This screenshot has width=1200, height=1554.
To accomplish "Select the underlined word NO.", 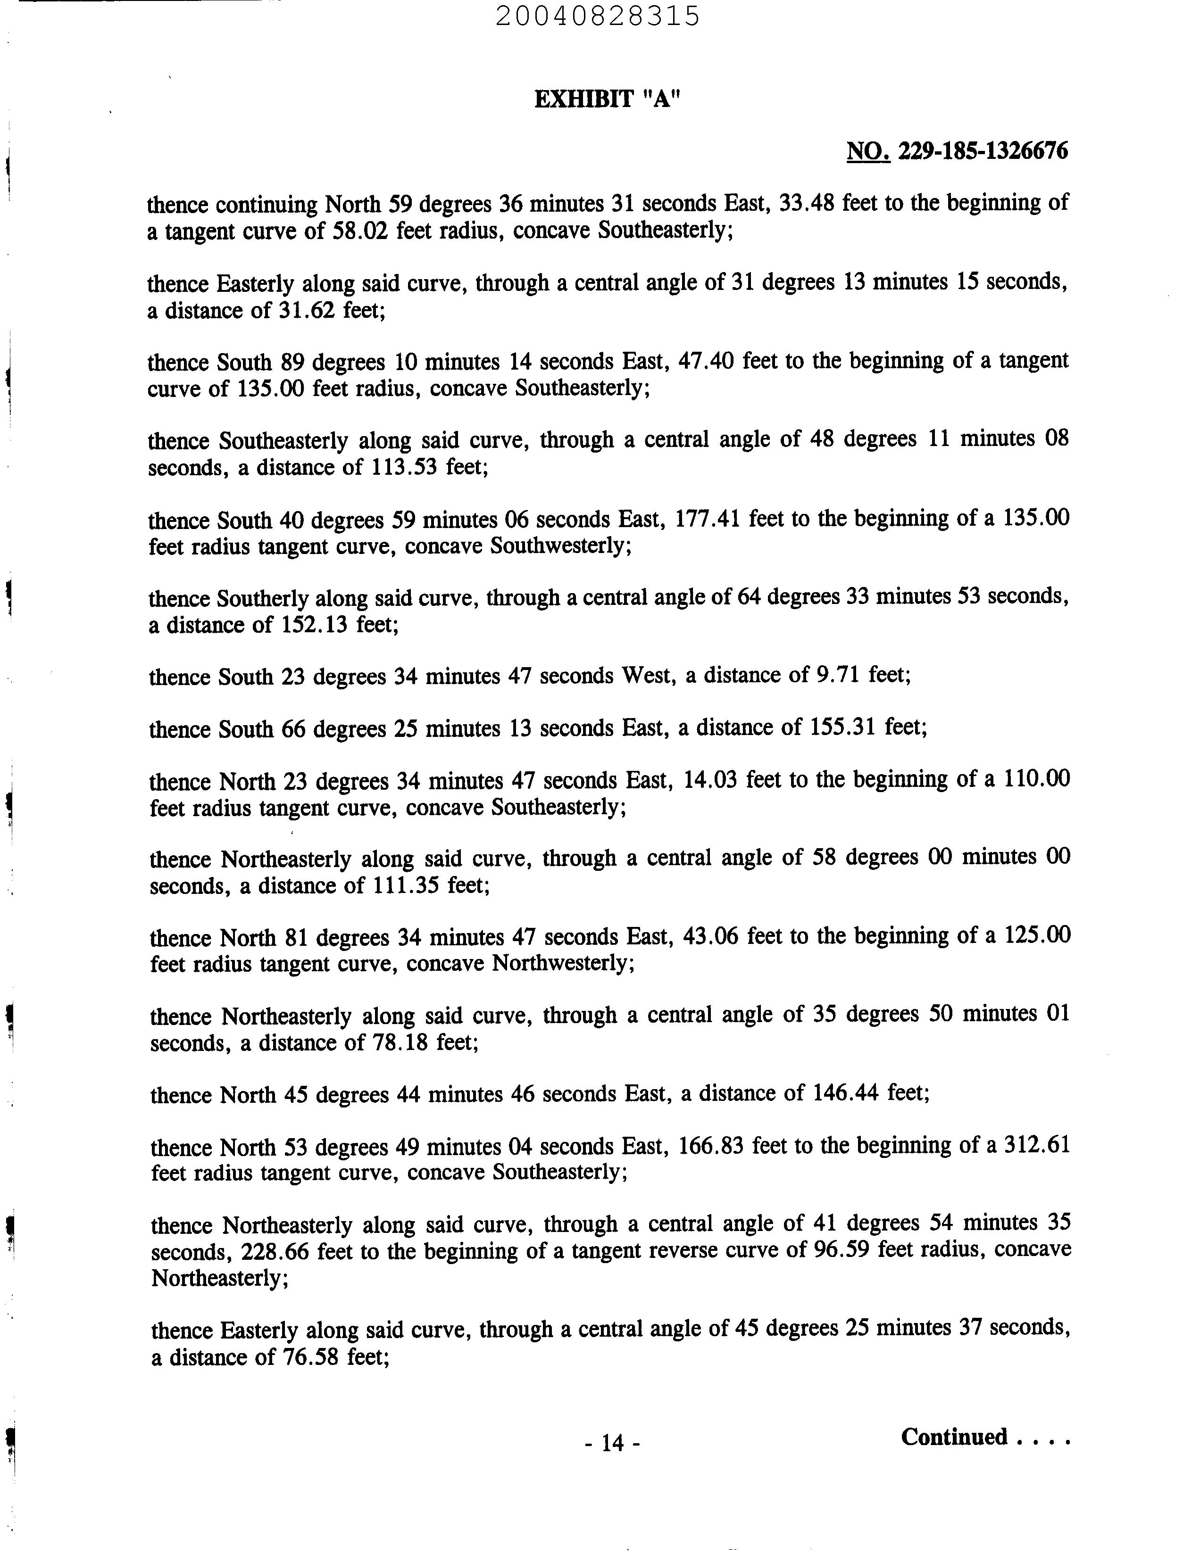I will point(867,151).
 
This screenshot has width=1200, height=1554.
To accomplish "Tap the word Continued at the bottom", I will point(954,1437).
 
